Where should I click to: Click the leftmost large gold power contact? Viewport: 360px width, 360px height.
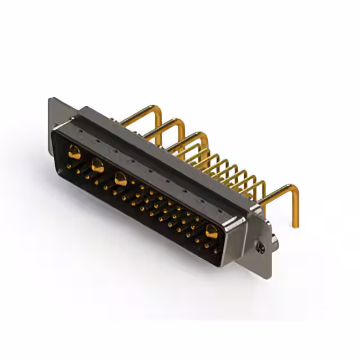[x=74, y=151]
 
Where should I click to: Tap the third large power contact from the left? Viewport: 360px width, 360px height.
[x=120, y=179]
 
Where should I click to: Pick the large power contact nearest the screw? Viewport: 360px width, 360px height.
[x=211, y=231]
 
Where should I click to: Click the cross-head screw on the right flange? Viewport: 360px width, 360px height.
[x=259, y=246]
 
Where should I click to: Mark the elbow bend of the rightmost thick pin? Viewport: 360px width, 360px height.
[x=292, y=188]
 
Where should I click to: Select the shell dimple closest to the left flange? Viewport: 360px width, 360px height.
[x=82, y=130]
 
